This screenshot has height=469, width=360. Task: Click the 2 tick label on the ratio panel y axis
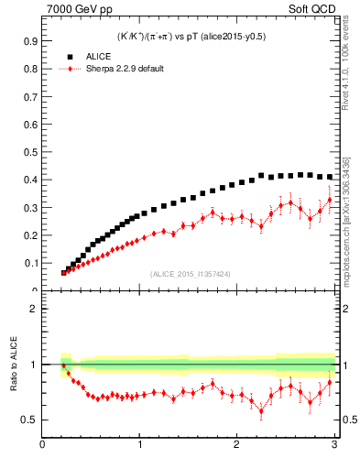[32, 309]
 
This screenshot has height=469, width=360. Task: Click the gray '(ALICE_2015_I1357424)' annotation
[189, 274]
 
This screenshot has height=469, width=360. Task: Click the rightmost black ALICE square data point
[329, 177]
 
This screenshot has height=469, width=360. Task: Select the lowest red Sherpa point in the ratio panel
[261, 410]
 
